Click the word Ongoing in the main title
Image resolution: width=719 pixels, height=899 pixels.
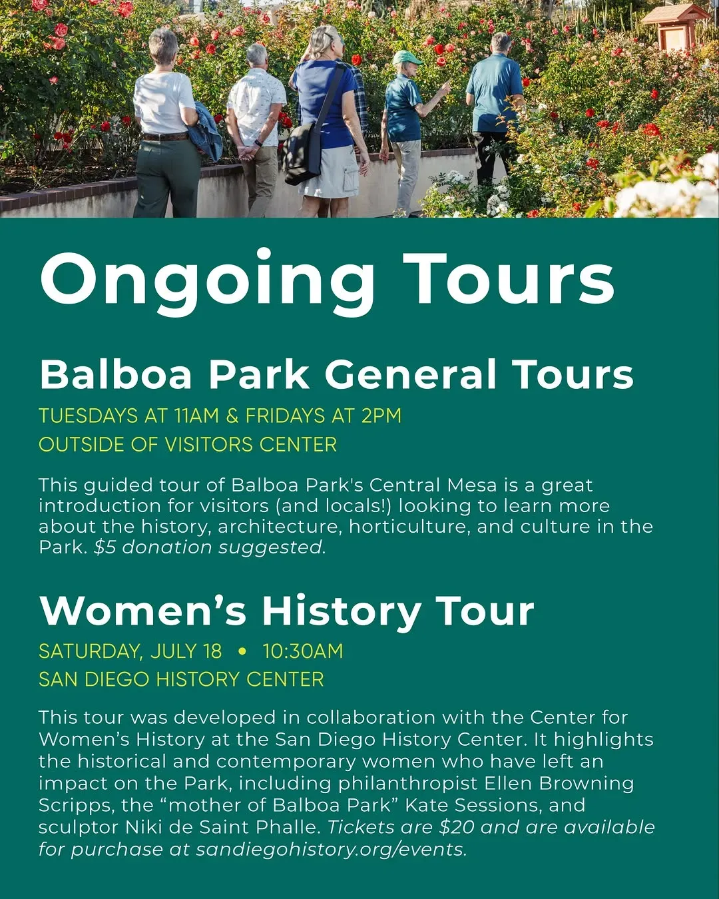(x=207, y=282)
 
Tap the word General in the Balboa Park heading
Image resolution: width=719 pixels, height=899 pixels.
(x=411, y=374)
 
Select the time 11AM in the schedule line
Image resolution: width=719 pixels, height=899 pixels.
(x=196, y=416)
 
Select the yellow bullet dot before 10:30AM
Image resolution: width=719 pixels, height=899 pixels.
(x=242, y=651)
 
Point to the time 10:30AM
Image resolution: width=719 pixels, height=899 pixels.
(x=302, y=651)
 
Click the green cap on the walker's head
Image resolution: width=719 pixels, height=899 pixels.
(x=407, y=57)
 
